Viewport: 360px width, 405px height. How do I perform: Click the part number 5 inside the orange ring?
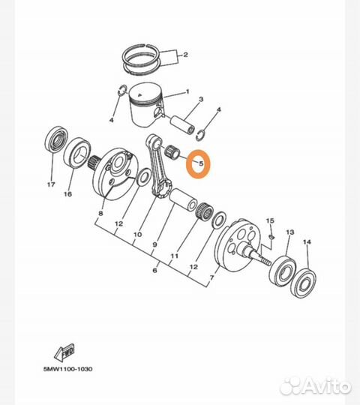(201, 163)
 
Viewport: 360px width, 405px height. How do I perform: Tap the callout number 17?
(51, 184)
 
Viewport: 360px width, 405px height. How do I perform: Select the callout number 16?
(67, 194)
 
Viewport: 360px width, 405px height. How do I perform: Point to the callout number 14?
(307, 242)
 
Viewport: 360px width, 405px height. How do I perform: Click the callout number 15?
(270, 220)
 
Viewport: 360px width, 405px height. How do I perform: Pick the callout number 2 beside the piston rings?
(186, 55)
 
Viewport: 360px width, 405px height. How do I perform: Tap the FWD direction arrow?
(64, 352)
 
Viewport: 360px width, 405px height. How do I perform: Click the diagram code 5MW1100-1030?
(67, 369)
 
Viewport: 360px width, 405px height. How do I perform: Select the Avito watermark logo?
(316, 386)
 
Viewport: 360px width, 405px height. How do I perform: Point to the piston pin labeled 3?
(182, 124)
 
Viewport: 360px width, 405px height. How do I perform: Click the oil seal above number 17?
(56, 138)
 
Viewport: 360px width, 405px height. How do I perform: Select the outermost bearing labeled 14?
(304, 283)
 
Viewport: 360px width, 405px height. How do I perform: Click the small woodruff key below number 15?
(271, 236)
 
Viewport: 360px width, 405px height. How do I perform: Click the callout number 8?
(100, 213)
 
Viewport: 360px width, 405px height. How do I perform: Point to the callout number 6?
(154, 270)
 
